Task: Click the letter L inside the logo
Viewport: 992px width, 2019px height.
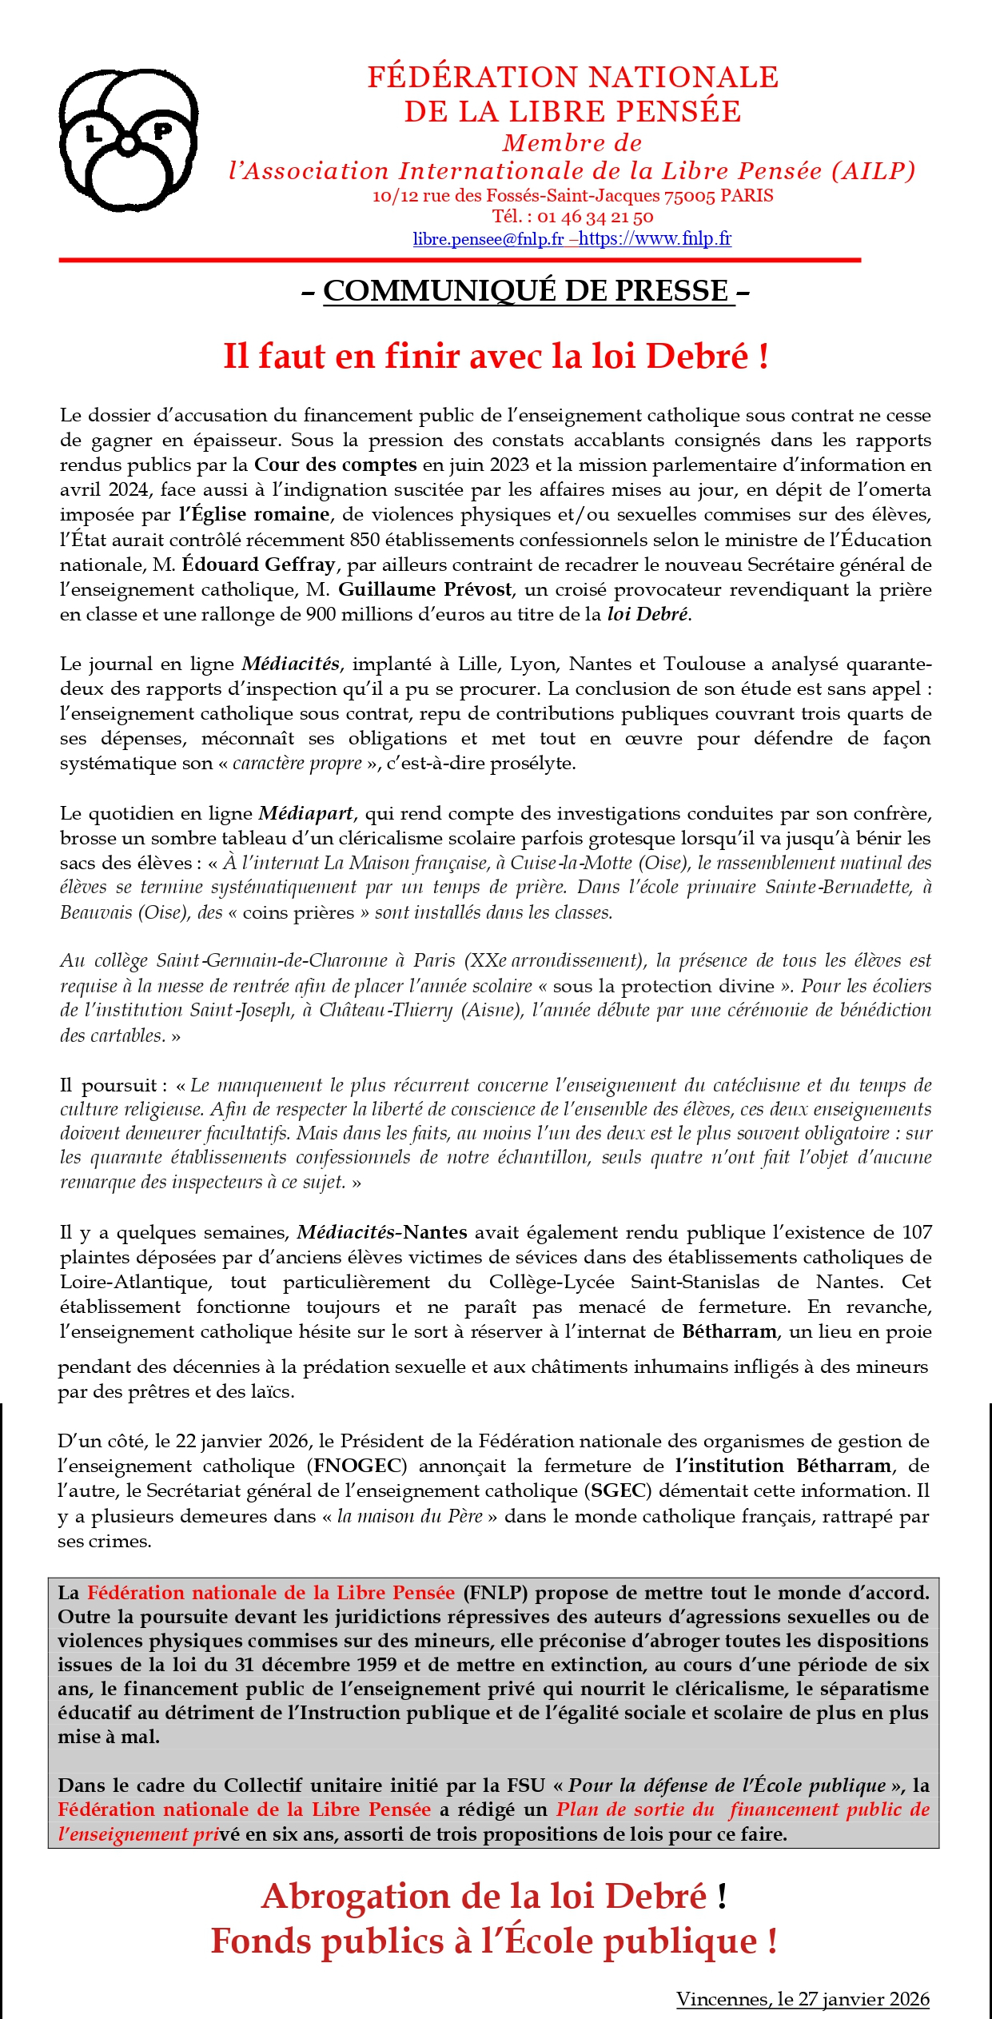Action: coord(94,133)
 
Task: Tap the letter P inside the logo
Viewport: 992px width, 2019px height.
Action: coord(162,130)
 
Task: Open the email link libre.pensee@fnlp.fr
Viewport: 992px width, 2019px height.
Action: coord(488,238)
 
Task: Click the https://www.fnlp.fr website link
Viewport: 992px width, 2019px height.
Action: coord(655,238)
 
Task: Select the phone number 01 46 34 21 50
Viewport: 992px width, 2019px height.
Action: coord(595,217)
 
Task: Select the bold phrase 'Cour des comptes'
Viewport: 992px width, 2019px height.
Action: coord(336,465)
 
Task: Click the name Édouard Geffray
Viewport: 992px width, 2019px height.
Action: coord(258,565)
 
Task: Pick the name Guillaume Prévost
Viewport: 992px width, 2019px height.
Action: coord(425,589)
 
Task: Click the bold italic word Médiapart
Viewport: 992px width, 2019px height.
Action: coord(305,813)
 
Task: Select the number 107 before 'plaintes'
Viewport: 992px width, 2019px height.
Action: coord(917,1232)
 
